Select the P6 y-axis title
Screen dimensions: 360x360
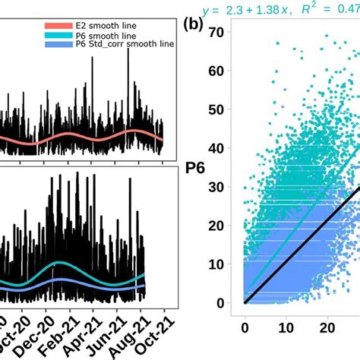tap(192, 169)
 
